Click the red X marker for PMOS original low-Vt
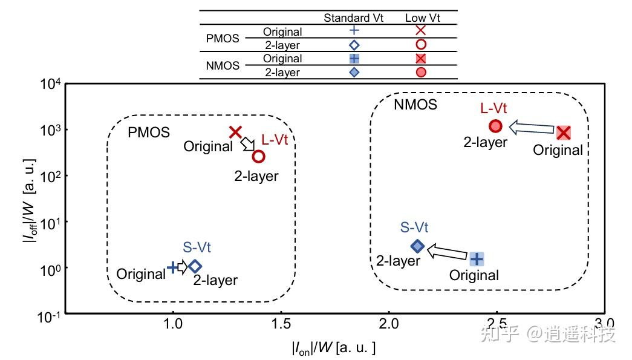point(236,132)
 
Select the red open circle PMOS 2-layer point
point(258,156)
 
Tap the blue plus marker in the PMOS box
point(173,266)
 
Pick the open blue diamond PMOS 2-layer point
point(195,266)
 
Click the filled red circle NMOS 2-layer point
point(495,126)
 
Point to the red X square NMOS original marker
point(564,133)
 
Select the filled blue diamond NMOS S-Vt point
point(417,246)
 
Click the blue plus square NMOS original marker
point(477,259)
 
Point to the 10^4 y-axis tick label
point(50,84)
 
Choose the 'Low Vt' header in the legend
point(422,18)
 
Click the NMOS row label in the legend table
point(223,65)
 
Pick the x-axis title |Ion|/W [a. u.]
point(333,348)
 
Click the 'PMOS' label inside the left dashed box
point(149,132)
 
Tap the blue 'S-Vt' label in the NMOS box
point(414,228)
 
